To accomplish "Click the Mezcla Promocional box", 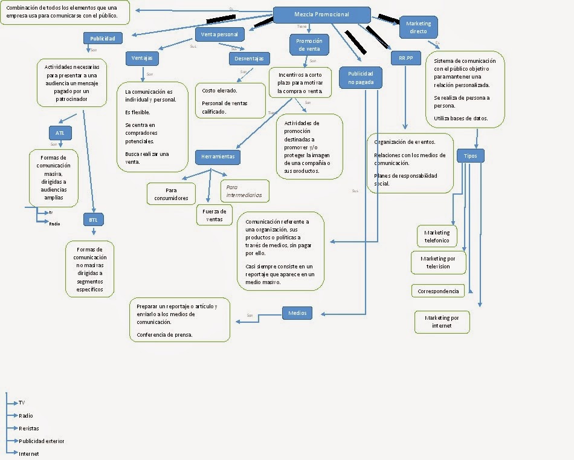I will [321, 15].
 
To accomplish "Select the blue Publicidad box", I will [103, 39].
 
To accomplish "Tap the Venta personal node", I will [219, 34].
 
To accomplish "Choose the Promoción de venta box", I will [309, 45].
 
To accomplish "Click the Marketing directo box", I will [419, 27].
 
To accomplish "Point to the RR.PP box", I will [405, 59].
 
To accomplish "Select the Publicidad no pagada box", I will [361, 77].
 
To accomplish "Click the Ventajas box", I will [142, 59].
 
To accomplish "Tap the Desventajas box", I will [249, 59].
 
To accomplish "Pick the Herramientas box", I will [218, 157].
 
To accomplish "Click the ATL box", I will [60, 133].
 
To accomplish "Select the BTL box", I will [93, 220].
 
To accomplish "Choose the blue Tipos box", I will [470, 155].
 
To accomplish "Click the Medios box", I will [297, 313].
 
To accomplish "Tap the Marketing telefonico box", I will [437, 236].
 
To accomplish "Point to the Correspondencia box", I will [438, 291].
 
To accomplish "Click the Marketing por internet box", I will [442, 322].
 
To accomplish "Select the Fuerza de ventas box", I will [214, 215].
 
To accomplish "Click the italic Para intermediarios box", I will [245, 191].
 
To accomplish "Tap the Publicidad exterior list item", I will [41, 441].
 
